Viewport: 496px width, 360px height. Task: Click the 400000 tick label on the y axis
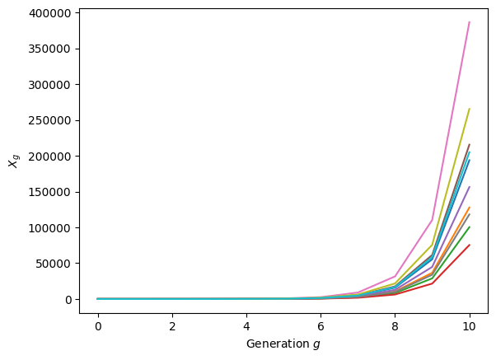click(49, 13)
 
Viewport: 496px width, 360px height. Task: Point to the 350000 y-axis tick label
click(49, 49)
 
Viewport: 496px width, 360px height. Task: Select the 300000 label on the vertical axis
click(49, 85)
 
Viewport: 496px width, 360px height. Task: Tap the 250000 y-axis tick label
click(49, 120)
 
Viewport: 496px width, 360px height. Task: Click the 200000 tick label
click(49, 157)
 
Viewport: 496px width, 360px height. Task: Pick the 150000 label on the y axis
click(49, 192)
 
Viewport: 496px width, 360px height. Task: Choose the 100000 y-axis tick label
click(49, 228)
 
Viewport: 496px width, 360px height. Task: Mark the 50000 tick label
click(53, 264)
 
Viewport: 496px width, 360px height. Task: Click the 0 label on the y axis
click(68, 300)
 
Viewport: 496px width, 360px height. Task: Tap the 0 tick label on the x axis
click(98, 326)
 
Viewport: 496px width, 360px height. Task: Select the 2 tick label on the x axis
click(172, 326)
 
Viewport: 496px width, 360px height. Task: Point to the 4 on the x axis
click(246, 326)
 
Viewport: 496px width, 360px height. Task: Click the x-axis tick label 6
click(321, 326)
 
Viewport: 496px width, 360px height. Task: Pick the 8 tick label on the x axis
click(395, 326)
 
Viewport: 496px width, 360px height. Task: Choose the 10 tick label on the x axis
click(469, 326)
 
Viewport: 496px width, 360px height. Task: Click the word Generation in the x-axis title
click(278, 344)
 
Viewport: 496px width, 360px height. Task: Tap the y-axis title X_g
click(13, 161)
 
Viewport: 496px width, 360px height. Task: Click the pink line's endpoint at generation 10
click(470, 21)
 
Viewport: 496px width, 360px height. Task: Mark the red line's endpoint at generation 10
click(470, 245)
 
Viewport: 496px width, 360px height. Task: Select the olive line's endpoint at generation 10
click(470, 109)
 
